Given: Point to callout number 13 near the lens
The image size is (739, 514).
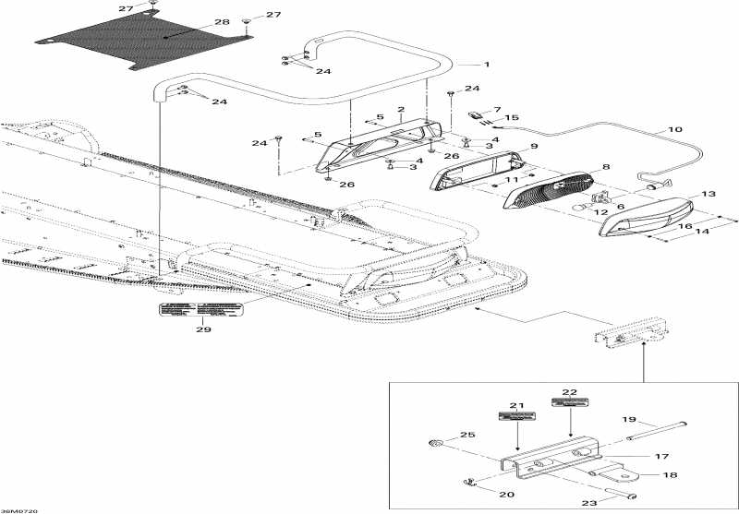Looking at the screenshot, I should (x=709, y=195).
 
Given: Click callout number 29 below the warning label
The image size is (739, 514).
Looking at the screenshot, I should (x=202, y=329).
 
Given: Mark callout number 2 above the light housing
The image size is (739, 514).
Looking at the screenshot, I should (x=401, y=110).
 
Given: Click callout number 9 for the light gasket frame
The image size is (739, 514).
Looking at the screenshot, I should (x=533, y=147).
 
